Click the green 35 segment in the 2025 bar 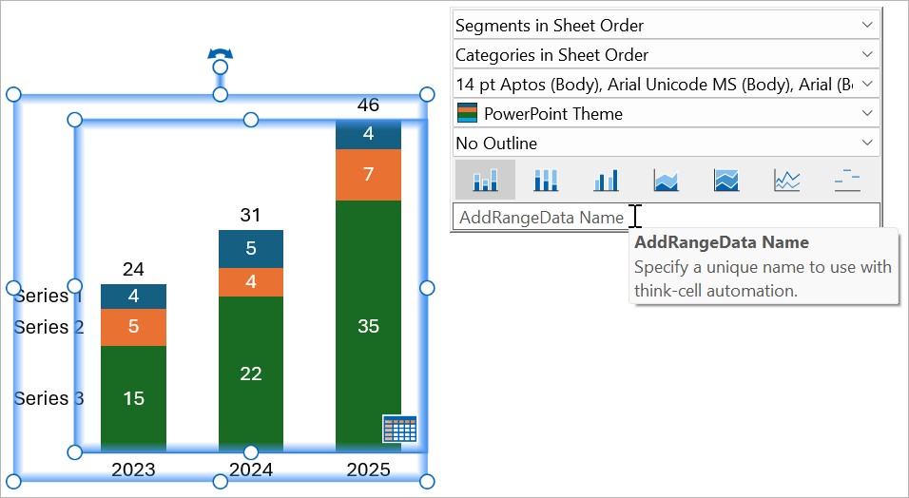tap(368, 326)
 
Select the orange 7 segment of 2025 tap(368, 174)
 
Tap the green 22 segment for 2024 tap(250, 373)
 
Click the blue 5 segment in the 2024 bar tap(250, 249)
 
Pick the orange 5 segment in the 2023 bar tap(133, 327)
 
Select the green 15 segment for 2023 tap(133, 398)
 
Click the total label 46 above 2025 tap(368, 105)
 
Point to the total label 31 tap(250, 215)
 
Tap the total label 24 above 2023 tap(133, 269)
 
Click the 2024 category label tap(250, 469)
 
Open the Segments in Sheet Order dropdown tap(666, 26)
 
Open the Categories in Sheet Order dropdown tap(666, 55)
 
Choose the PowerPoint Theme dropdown tap(666, 114)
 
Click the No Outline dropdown tap(666, 144)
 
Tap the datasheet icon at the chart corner tap(399, 429)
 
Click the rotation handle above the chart tap(220, 58)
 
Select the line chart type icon tap(786, 180)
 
